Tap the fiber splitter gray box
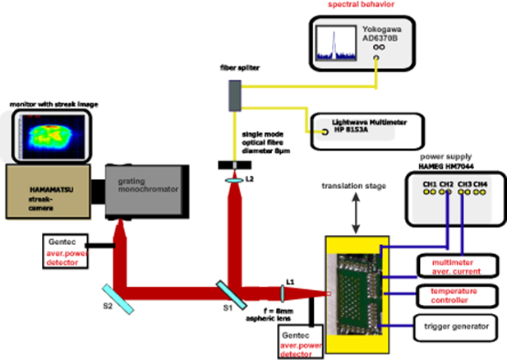(235, 98)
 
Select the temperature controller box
(454, 295)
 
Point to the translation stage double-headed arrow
(353, 220)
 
